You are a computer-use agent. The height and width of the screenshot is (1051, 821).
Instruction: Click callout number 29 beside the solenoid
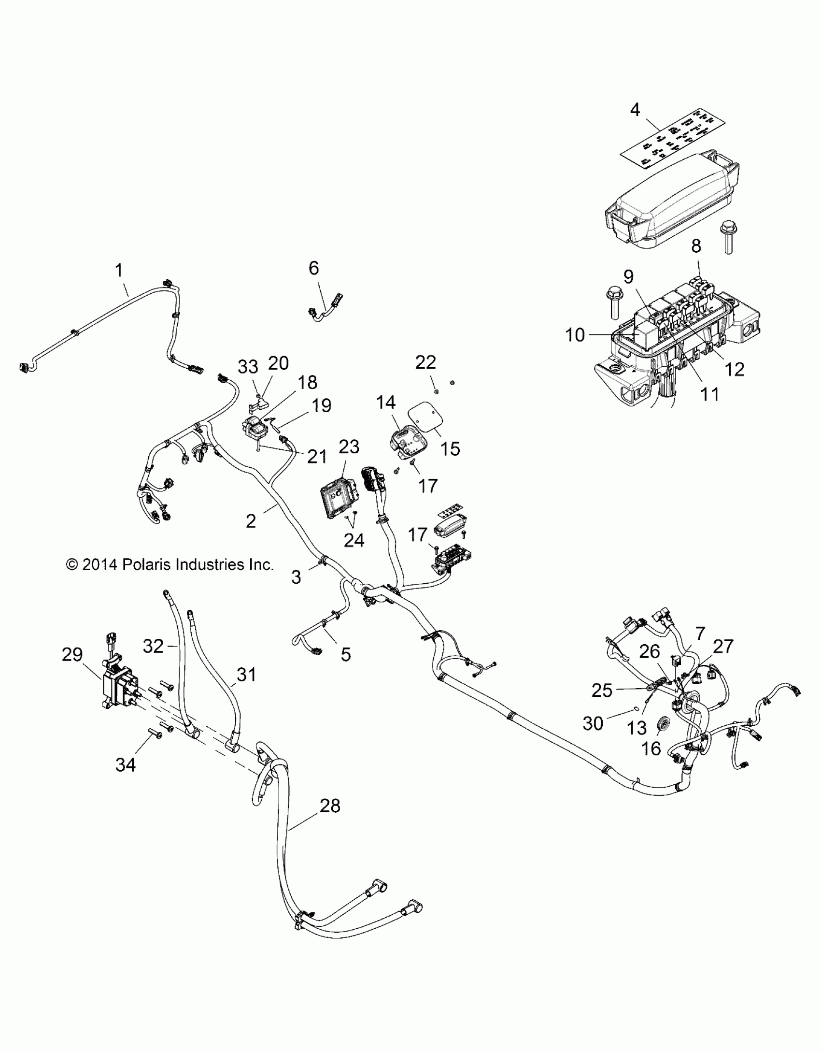tap(72, 655)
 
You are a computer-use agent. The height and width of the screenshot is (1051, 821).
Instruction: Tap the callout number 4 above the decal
tap(635, 110)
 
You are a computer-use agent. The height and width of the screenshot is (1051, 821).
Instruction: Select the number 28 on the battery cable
tap(330, 806)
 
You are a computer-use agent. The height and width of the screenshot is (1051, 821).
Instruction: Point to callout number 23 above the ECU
tap(349, 447)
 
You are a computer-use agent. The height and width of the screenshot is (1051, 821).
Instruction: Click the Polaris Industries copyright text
tap(170, 564)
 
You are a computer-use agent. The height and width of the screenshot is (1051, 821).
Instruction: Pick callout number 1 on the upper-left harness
tap(119, 270)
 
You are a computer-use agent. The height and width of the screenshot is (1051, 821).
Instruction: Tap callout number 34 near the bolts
tap(125, 764)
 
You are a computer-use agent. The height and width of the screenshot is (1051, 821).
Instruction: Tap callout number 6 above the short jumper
tap(314, 268)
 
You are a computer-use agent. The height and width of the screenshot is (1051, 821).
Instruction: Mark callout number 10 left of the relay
tap(575, 334)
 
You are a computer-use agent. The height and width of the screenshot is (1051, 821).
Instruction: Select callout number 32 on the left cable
tap(154, 646)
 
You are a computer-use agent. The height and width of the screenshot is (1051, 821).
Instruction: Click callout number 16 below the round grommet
tap(651, 749)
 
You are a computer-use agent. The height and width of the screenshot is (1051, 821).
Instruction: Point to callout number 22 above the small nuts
tap(425, 362)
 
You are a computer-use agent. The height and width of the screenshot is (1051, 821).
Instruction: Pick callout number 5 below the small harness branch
tap(346, 655)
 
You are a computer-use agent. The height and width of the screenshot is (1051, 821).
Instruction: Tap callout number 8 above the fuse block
tap(696, 246)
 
